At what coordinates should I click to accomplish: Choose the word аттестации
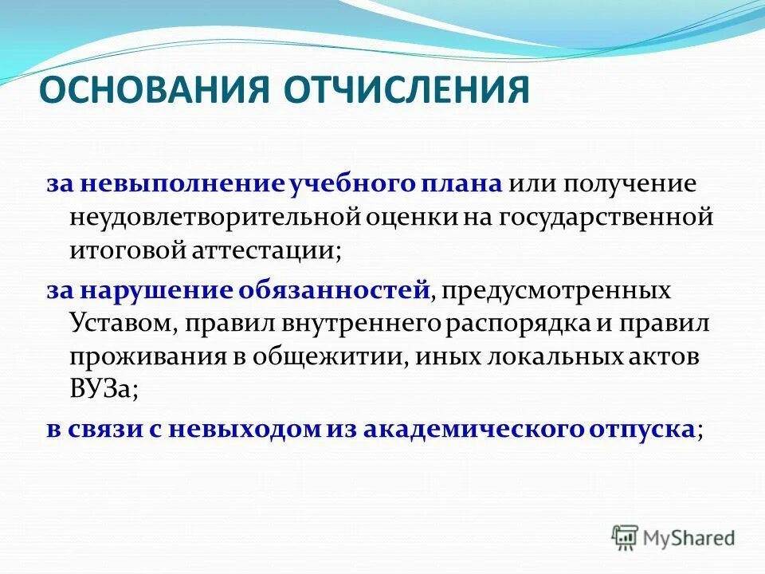pyautogui.click(x=265, y=250)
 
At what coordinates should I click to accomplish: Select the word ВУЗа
pyautogui.click(x=100, y=389)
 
